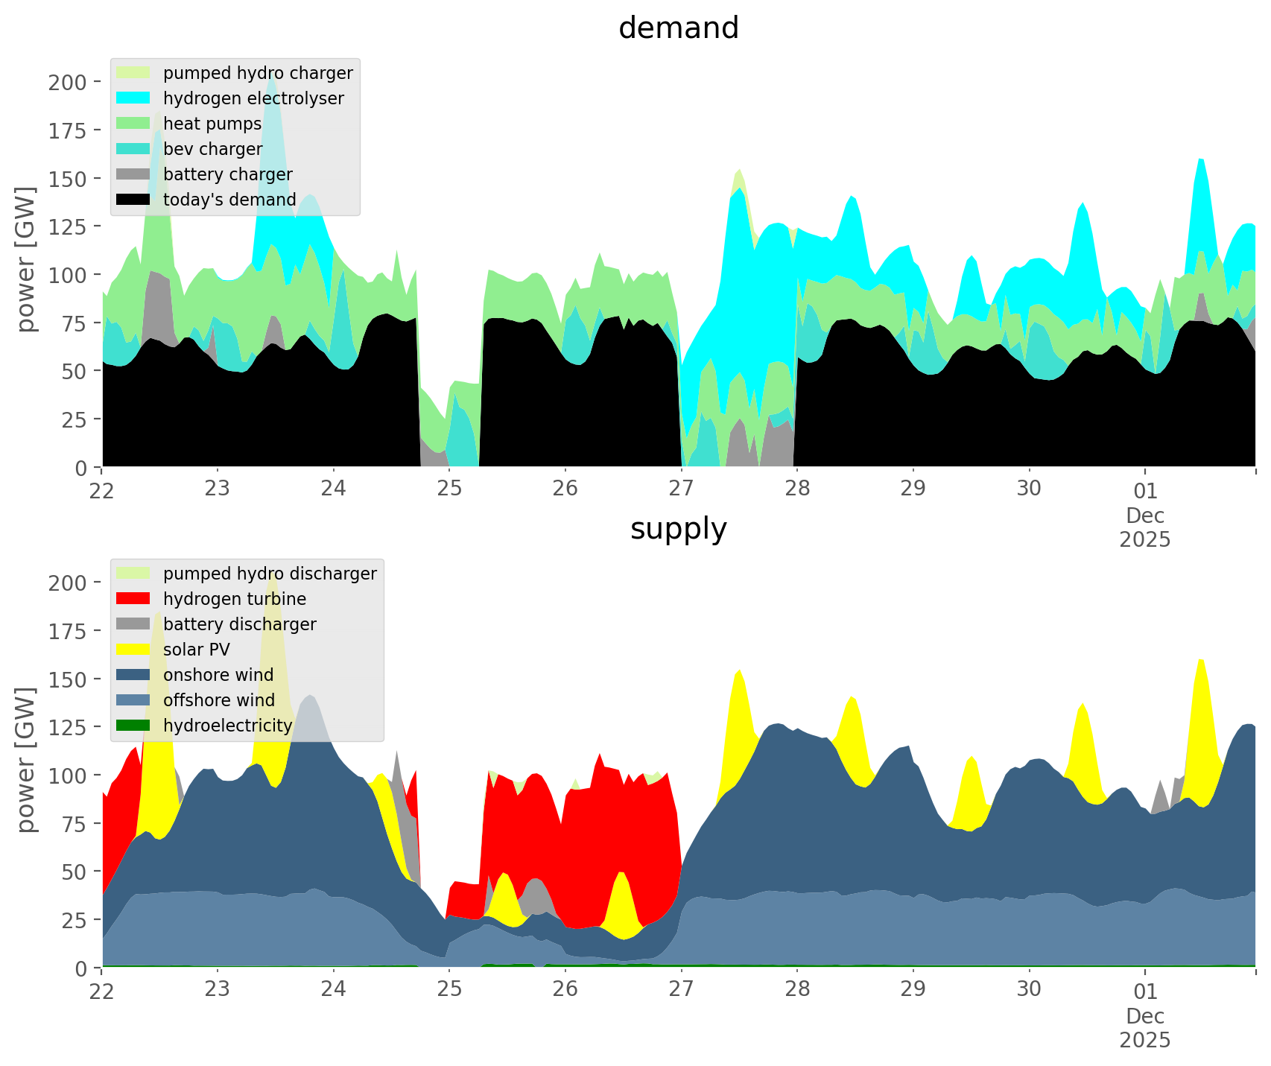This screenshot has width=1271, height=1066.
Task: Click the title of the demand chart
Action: pyautogui.click(x=678, y=28)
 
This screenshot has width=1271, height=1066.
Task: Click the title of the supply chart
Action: pyautogui.click(x=678, y=529)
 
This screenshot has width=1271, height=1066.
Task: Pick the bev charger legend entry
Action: pyautogui.click(x=212, y=149)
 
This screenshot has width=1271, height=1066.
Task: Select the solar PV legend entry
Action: pyautogui.click(x=197, y=650)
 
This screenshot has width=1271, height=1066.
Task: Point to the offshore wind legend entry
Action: pyautogui.click(x=219, y=700)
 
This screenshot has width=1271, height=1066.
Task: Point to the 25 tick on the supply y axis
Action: pyautogui.click(x=75, y=920)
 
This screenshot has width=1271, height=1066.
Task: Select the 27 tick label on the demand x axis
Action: pyautogui.click(x=681, y=490)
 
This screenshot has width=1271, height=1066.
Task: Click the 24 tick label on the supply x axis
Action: pyautogui.click(x=334, y=991)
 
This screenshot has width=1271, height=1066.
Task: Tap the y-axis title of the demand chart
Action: pyautogui.click(x=27, y=258)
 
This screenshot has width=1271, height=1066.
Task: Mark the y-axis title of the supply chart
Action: pyautogui.click(x=27, y=759)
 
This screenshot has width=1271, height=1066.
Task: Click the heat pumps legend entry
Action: pyautogui.click(x=212, y=124)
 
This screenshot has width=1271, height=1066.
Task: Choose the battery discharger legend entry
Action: pyautogui.click(x=239, y=624)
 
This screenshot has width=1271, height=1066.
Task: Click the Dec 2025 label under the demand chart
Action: pyautogui.click(x=1145, y=527)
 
